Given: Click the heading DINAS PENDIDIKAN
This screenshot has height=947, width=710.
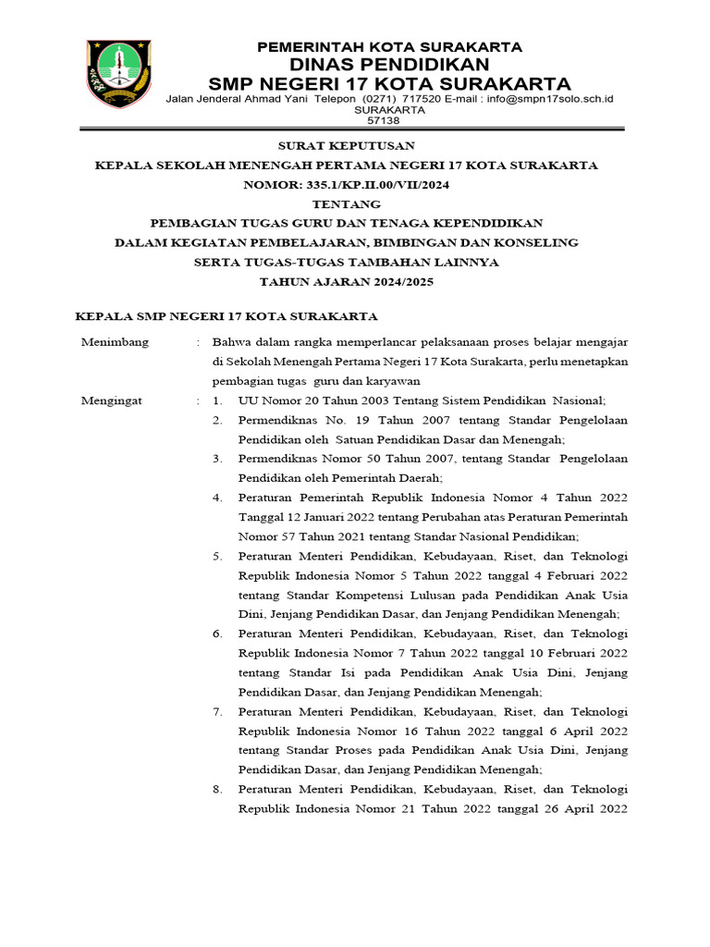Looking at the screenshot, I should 389,64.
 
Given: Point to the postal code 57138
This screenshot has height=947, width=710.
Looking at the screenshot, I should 384,120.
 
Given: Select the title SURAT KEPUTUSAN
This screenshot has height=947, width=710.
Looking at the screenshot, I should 347,146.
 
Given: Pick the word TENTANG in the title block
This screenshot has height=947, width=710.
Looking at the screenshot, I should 347,203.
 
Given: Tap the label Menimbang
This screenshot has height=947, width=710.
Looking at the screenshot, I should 109,342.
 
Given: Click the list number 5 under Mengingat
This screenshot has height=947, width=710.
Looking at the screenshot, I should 216,556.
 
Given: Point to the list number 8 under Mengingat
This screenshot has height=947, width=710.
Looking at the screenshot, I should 216,789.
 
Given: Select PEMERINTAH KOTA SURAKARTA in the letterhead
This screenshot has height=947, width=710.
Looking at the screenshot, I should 389,46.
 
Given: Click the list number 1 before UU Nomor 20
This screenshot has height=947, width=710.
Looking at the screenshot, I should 216,401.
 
